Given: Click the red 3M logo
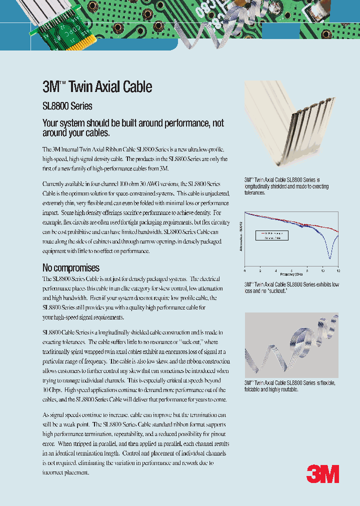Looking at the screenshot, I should coord(322,473).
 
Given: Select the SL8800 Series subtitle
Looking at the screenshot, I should coord(67,106).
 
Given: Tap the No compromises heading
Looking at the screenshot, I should coord(71,267).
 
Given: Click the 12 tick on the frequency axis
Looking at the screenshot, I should coord(338,270).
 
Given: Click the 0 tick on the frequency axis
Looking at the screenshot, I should coord(245,270).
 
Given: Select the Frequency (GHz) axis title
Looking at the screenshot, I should coord(291,274).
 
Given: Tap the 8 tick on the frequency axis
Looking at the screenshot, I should coord(307,270).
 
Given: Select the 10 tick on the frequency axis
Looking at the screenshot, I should coord(322,270).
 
